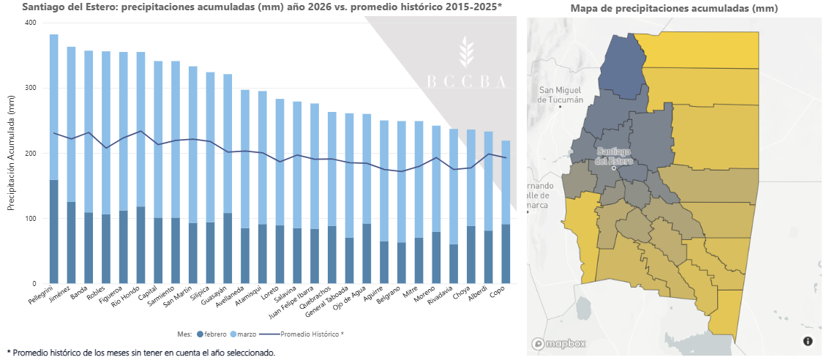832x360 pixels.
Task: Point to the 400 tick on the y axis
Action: [x=30, y=23]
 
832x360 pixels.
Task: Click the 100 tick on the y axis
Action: [x=30, y=219]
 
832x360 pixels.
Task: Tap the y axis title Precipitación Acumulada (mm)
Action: [x=11, y=153]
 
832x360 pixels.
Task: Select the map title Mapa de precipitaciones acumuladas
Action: [x=674, y=9]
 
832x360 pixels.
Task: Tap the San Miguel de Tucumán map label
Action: [x=561, y=94]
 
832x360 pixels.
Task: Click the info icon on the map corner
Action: [x=808, y=341]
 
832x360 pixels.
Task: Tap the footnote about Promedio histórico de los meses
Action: [x=140, y=353]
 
